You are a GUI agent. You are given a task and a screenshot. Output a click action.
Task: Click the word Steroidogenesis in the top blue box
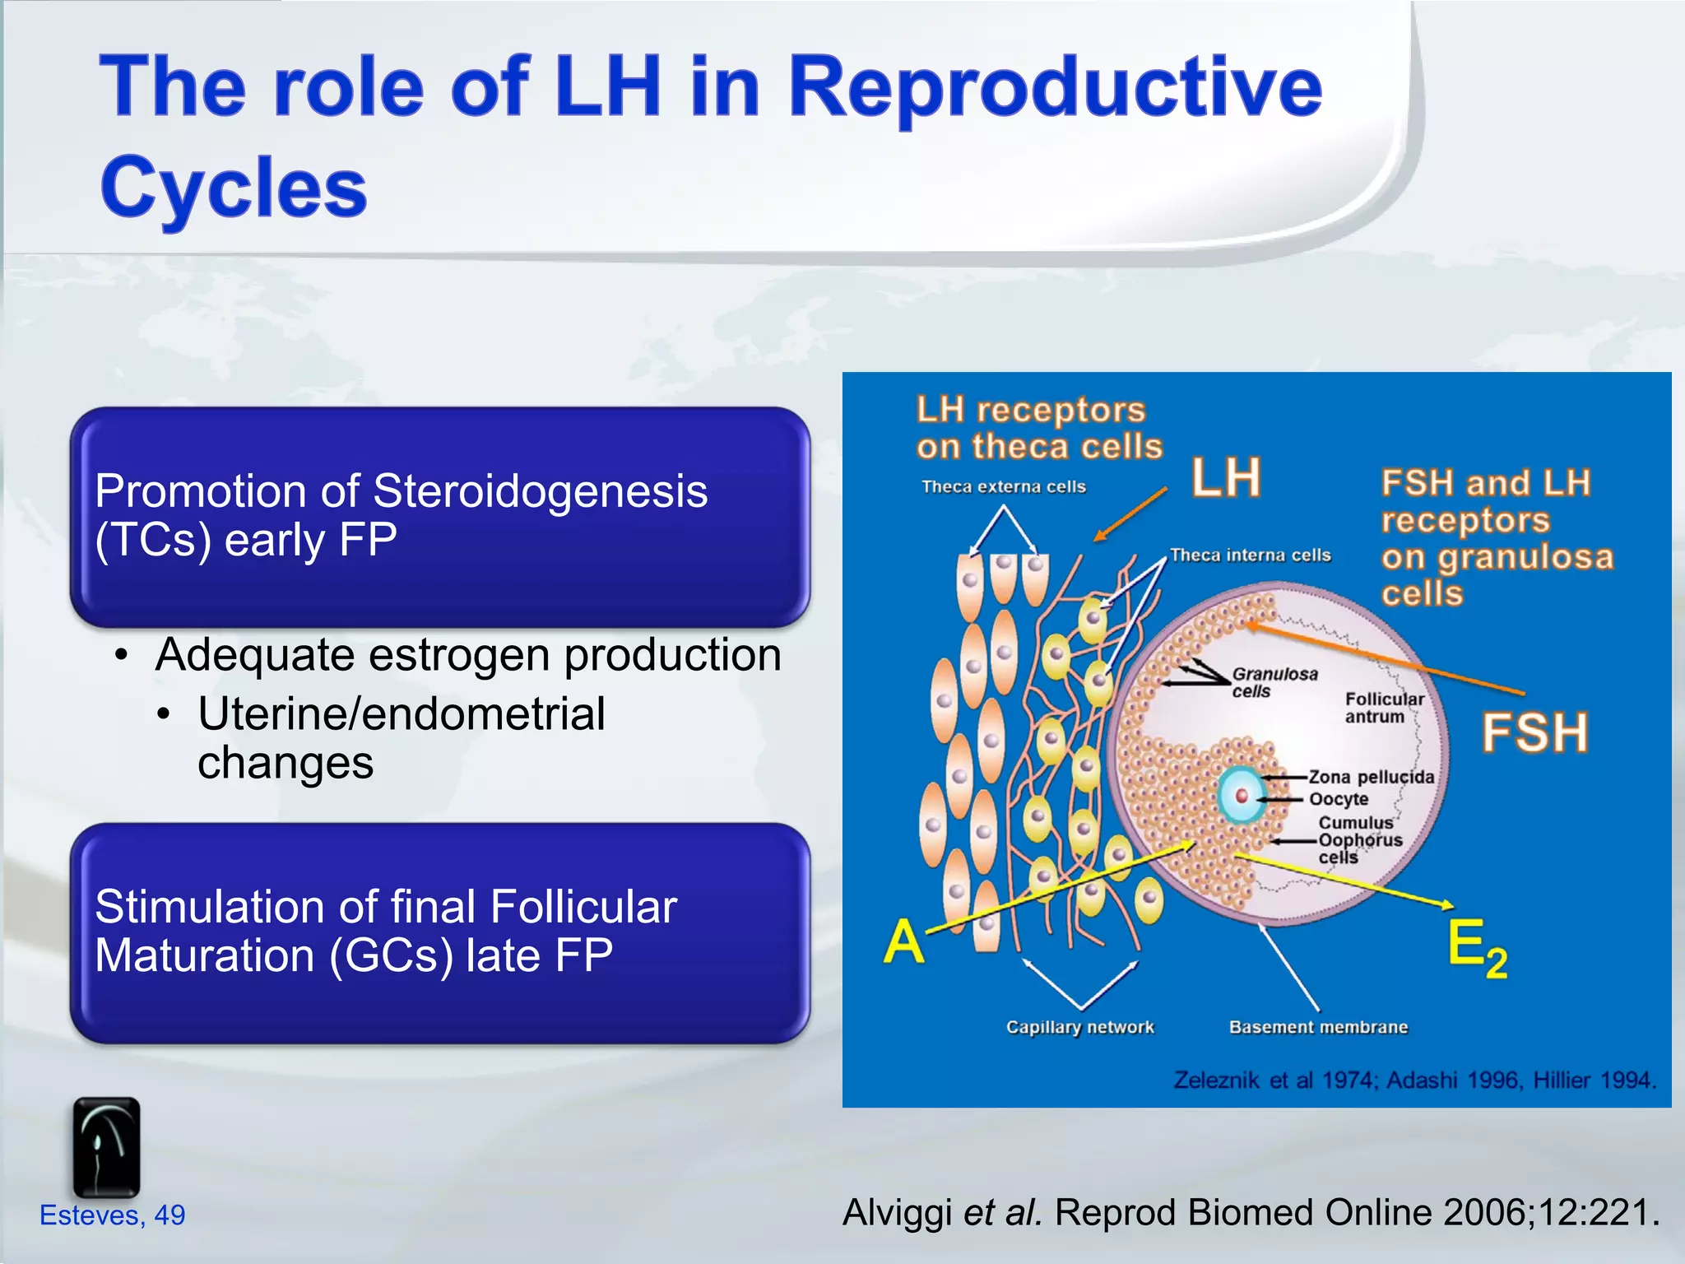click(x=540, y=491)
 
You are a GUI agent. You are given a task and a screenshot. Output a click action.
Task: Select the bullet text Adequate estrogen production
click(x=467, y=656)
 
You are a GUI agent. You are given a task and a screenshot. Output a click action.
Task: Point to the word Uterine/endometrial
click(x=402, y=713)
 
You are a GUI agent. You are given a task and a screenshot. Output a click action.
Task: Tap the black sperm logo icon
click(x=106, y=1147)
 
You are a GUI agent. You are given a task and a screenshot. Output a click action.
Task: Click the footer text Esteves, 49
click(x=113, y=1215)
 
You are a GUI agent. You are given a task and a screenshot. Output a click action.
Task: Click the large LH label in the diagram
click(x=1226, y=478)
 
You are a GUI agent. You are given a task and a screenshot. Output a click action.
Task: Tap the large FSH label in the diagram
click(x=1534, y=733)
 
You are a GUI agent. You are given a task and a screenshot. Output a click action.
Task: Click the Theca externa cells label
click(x=1004, y=487)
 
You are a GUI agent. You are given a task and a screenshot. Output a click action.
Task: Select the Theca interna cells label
click(x=1250, y=555)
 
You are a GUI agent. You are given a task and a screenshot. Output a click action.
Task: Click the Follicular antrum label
click(x=1384, y=708)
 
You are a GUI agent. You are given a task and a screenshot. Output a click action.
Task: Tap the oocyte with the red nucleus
click(x=1242, y=795)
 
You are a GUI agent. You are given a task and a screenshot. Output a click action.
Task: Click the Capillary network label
click(x=1079, y=1027)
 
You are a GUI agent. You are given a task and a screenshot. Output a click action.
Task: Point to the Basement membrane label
click(x=1318, y=1027)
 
